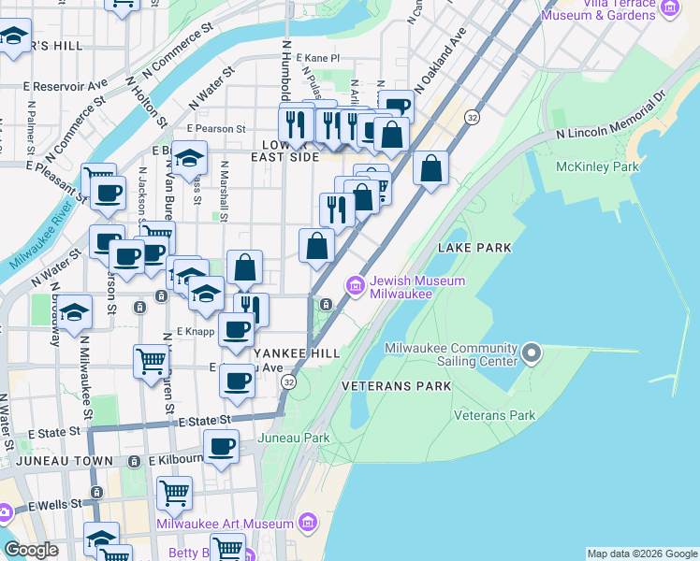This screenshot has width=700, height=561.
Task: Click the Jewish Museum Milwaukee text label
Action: coord(401,286)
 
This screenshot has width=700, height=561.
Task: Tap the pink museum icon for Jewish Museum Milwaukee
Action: coord(355,285)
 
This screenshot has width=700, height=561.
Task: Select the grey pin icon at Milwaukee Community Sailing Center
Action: coord(532,353)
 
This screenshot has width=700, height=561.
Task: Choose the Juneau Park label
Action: coord(293,438)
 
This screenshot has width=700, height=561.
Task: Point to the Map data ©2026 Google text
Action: coord(642,554)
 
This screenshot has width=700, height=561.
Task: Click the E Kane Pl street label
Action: coord(317,58)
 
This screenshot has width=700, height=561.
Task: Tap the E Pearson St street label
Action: coord(216,129)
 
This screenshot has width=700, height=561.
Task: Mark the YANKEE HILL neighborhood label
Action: coord(296,352)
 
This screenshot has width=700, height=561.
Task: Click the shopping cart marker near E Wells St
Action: coord(173,492)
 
